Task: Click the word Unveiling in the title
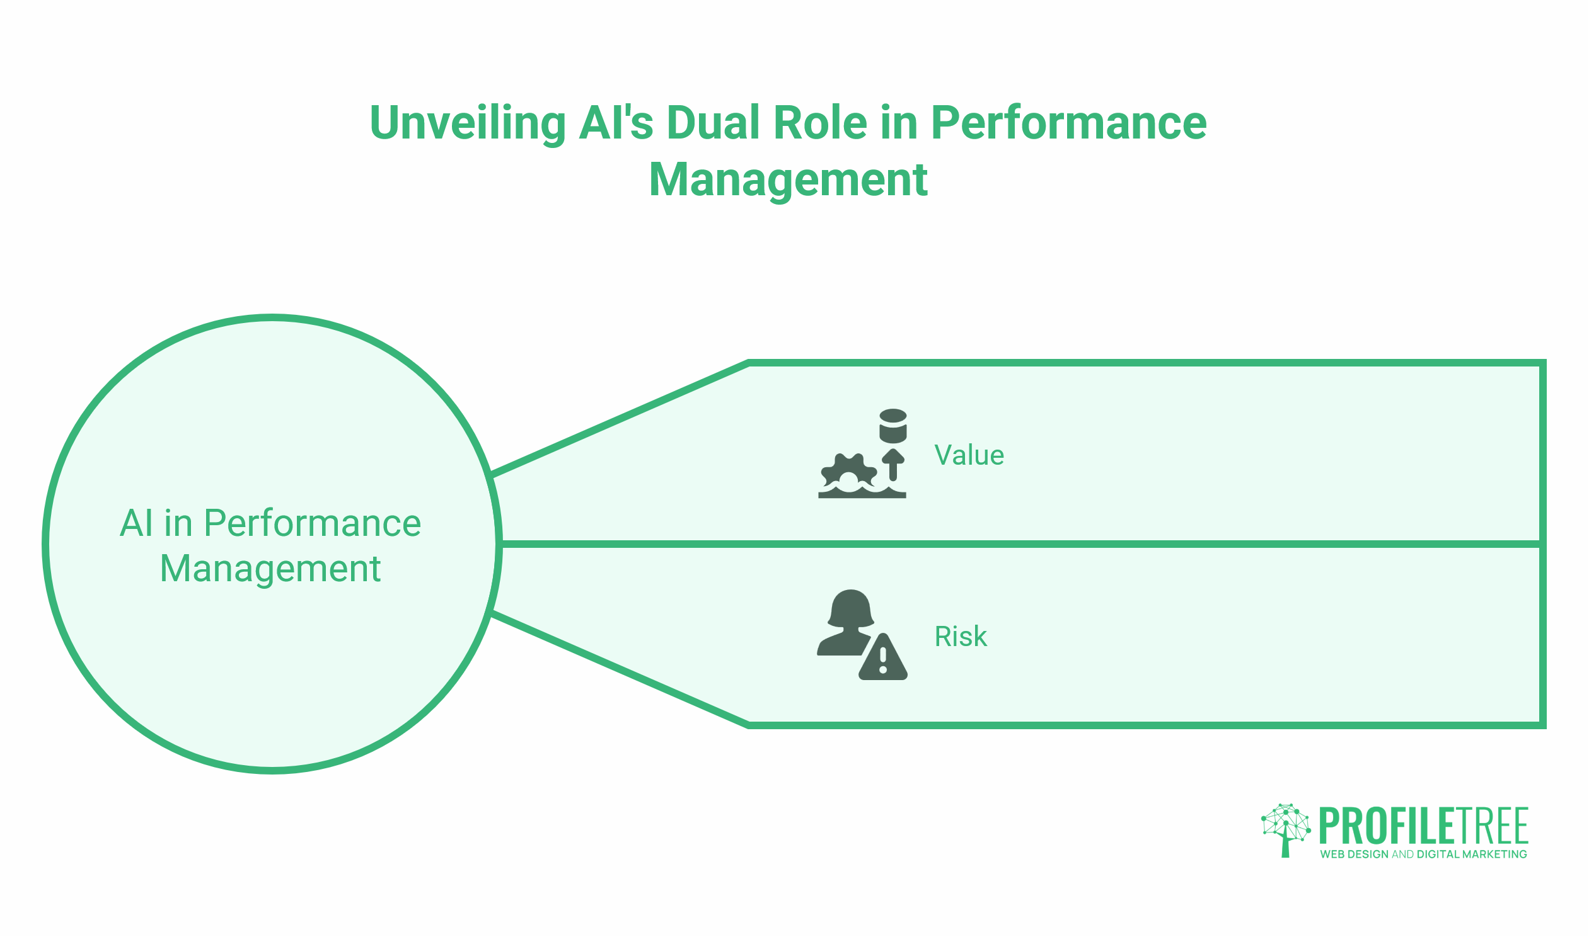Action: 467,123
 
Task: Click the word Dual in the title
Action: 714,123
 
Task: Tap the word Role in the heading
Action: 819,123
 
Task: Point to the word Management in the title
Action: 788,180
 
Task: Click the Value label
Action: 969,455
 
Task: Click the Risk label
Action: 960,637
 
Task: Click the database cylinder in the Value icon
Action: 893,426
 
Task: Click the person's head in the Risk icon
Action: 850,608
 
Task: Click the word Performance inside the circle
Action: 312,523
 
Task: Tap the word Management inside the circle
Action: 270,569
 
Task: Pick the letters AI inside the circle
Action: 136,523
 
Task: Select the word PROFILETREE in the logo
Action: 1423,827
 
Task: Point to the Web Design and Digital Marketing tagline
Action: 1423,855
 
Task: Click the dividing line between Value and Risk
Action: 1011,544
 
